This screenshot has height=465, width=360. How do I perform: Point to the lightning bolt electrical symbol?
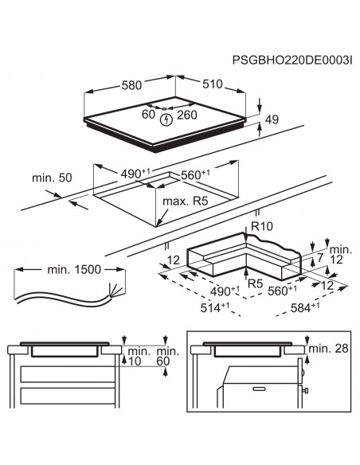click(166, 120)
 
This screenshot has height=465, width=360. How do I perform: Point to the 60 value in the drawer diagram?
click(163, 362)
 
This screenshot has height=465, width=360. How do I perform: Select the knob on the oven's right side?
click(306, 391)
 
